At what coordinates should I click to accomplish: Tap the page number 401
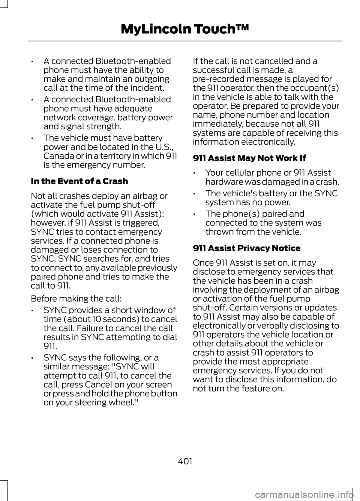tap(185, 461)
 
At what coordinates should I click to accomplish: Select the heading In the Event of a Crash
tap(79, 181)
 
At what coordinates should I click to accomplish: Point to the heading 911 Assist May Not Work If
tap(249, 158)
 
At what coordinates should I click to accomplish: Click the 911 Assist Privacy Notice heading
tap(246, 248)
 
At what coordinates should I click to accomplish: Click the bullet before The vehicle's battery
tap(196, 194)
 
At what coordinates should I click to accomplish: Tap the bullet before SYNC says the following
tap(34, 358)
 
